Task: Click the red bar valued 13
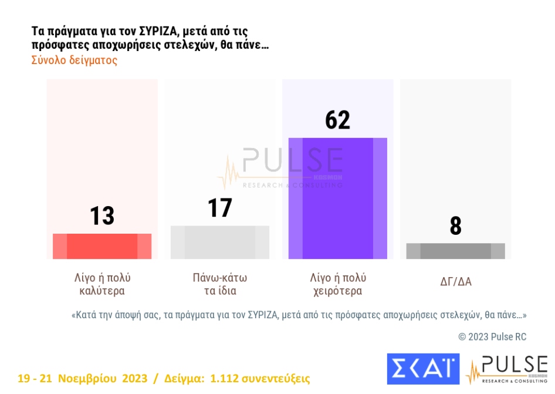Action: click(x=102, y=246)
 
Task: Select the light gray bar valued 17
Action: click(x=220, y=242)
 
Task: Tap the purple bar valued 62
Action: click(x=338, y=198)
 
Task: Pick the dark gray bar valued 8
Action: click(x=455, y=251)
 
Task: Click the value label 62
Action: click(x=337, y=120)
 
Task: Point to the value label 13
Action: click(x=102, y=216)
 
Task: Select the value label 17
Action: click(x=220, y=208)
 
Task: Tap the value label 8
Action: click(x=455, y=226)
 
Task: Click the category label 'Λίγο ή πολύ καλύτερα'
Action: click(x=102, y=284)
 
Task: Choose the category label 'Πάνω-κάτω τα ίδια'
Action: click(x=220, y=284)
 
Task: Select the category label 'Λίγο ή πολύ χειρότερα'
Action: click(x=337, y=284)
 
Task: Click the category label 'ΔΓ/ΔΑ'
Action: click(x=456, y=282)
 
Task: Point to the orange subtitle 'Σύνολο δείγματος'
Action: click(x=74, y=60)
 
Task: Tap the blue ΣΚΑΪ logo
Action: click(x=423, y=369)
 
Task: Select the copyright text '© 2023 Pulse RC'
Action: click(x=492, y=336)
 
